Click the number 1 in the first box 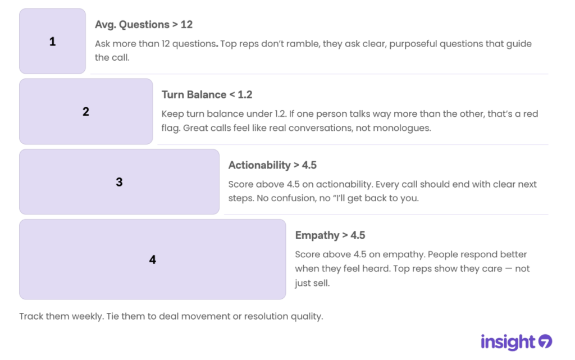coord(52,42)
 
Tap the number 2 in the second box coord(86,111)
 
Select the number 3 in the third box coord(119,182)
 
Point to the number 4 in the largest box coord(153,259)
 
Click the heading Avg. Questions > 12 coord(144,25)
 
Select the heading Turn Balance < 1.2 coord(207,94)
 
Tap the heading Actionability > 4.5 coord(272,165)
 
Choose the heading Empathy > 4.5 coord(330,235)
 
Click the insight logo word coord(508,342)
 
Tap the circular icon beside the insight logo coord(545,341)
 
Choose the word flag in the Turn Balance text coord(171,128)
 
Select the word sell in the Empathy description coord(322,283)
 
